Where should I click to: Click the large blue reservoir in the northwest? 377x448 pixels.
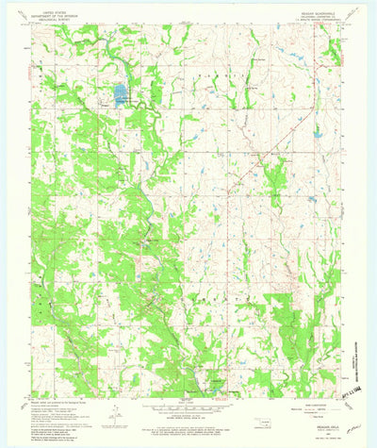(120, 93)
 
